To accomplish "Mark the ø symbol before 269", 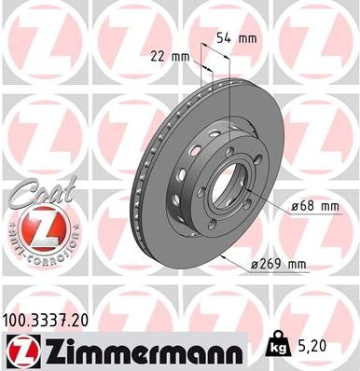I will [x=256, y=265].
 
